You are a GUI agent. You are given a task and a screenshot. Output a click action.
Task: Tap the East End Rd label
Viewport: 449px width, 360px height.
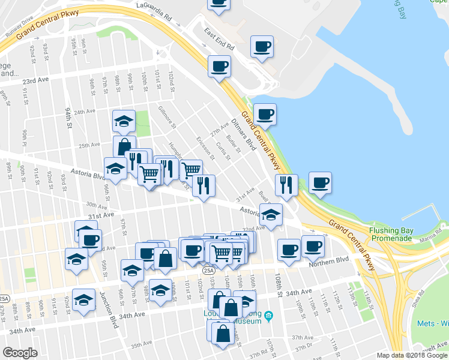click(217, 40)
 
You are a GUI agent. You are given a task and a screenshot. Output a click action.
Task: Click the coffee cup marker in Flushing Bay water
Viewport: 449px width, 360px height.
click(320, 183)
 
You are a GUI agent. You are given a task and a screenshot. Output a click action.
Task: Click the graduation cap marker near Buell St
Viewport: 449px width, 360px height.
click(271, 214)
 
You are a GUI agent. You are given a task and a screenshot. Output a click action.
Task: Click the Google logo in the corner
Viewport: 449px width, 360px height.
click(20, 353)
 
